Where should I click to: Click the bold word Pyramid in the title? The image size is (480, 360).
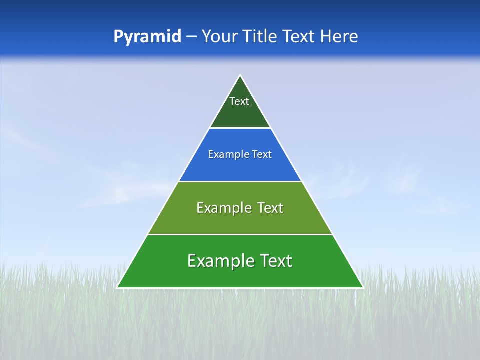point(147,37)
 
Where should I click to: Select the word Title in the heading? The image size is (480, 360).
point(262,37)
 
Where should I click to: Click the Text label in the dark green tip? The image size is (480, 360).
point(239,101)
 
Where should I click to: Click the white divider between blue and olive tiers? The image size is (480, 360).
point(240,181)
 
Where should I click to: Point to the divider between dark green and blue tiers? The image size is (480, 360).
point(240,128)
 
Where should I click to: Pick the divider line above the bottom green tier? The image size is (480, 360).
point(240,234)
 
